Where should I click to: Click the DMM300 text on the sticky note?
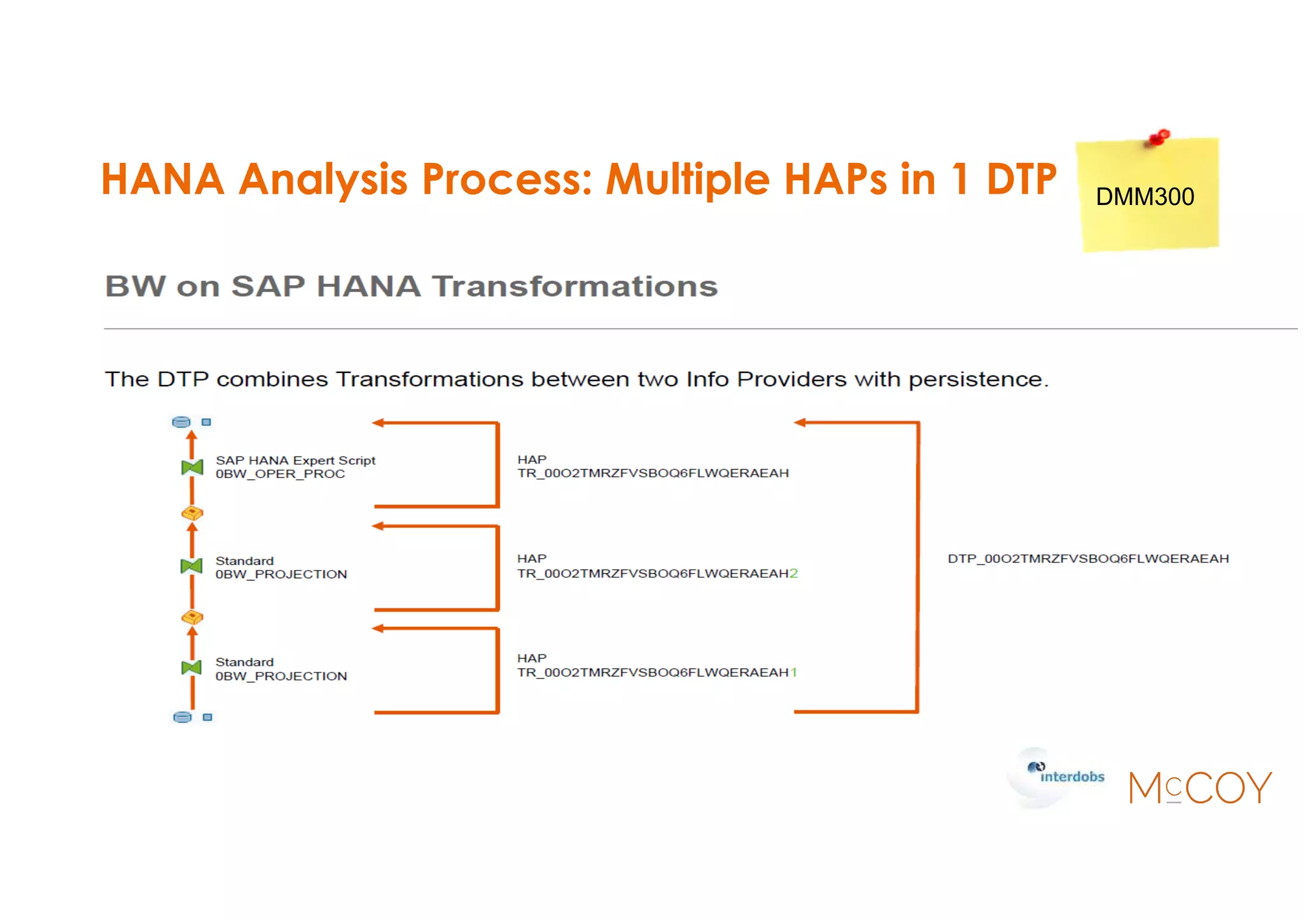coord(1145,197)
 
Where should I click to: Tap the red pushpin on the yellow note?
coord(1159,137)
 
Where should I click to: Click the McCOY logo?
coord(1200,787)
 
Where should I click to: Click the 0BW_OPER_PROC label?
coord(280,474)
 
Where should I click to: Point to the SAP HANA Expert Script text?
coord(295,460)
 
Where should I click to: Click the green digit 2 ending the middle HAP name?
coord(793,573)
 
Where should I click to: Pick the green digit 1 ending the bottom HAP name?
coord(793,673)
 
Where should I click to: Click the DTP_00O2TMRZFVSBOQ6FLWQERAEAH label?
coord(1088,559)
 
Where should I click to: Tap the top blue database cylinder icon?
coord(181,422)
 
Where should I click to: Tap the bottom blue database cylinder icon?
coord(183,717)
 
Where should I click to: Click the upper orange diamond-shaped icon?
coord(192,513)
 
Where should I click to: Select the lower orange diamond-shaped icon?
coord(192,617)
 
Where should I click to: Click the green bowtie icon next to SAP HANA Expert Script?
coord(192,468)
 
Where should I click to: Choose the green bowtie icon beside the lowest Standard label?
coord(192,668)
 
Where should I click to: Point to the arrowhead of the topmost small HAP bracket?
coord(379,423)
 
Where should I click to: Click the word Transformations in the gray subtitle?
coord(575,286)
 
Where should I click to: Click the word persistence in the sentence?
coord(977,380)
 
